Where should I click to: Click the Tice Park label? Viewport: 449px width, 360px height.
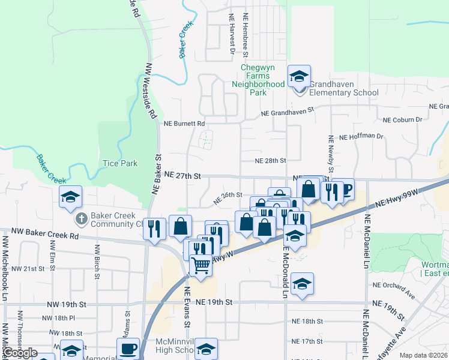pyautogui.click(x=120, y=163)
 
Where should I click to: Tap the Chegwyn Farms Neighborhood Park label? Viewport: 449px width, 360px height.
pyautogui.click(x=258, y=80)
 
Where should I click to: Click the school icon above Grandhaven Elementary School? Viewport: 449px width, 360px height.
pyautogui.click(x=299, y=76)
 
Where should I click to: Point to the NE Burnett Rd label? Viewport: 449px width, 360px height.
pyautogui.click(x=184, y=124)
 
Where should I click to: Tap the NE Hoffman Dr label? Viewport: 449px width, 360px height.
pyautogui.click(x=361, y=137)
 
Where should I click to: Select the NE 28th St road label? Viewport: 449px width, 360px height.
pyautogui.click(x=270, y=161)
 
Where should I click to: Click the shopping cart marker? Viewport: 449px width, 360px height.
pyautogui.click(x=201, y=264)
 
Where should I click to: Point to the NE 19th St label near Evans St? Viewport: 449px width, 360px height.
pyautogui.click(x=214, y=302)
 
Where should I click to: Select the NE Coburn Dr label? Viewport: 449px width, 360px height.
pyautogui.click(x=403, y=120)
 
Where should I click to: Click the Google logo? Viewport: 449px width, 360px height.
pyautogui.click(x=19, y=353)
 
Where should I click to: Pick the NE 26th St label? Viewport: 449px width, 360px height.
pyautogui.click(x=228, y=195)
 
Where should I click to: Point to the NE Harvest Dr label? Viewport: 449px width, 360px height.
pyautogui.click(x=231, y=34)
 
